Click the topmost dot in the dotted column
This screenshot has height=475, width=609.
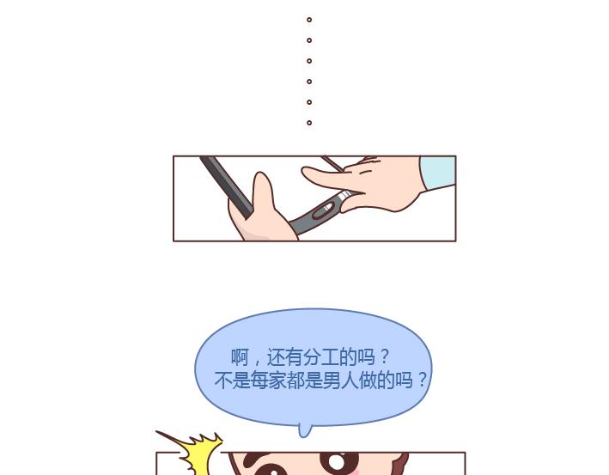pyautogui.click(x=309, y=20)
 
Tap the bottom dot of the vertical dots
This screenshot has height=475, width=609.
pyautogui.click(x=309, y=123)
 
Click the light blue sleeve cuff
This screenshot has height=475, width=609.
pyautogui.click(x=438, y=173)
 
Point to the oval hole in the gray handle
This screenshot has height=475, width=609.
pyautogui.click(x=324, y=211)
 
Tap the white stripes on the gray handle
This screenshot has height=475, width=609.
pyautogui.click(x=344, y=197)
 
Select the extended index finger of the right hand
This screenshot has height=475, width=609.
pyautogui.click(x=326, y=179)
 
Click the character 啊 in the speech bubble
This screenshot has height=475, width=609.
pyautogui.click(x=240, y=356)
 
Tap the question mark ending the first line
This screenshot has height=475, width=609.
pyautogui.click(x=385, y=356)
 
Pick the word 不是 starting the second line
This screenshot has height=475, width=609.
pyautogui.click(x=232, y=380)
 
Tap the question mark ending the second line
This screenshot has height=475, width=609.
pyautogui.click(x=423, y=380)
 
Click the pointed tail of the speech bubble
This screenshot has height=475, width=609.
pyautogui.click(x=305, y=430)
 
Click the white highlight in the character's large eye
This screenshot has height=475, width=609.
pyautogui.click(x=337, y=462)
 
